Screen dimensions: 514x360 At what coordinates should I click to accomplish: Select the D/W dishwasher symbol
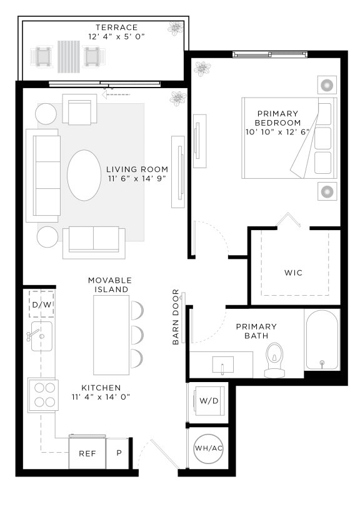point(42,305)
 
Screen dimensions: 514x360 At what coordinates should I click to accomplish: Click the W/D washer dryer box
point(208,400)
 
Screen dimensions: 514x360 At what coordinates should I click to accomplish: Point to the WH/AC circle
point(208,448)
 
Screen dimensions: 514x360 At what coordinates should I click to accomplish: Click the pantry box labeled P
point(119,452)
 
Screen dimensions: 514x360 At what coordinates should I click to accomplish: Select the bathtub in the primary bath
point(321,340)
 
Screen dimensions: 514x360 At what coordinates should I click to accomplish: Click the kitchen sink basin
point(41,338)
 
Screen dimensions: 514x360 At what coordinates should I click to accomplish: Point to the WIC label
point(294,273)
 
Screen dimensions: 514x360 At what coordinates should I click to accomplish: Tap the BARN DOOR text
point(176,316)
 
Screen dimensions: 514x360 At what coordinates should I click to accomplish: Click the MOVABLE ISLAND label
point(108,285)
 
